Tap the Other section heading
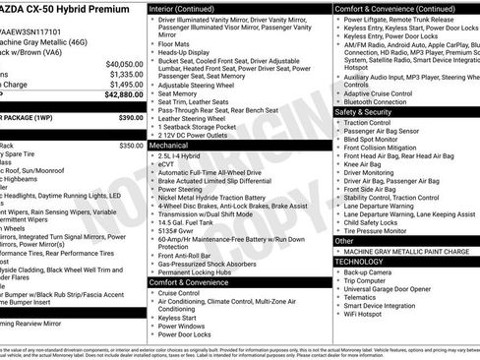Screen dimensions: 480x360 coord(344,240)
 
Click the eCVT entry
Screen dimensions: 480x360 coord(169,163)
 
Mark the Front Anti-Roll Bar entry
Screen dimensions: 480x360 coord(196,255)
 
